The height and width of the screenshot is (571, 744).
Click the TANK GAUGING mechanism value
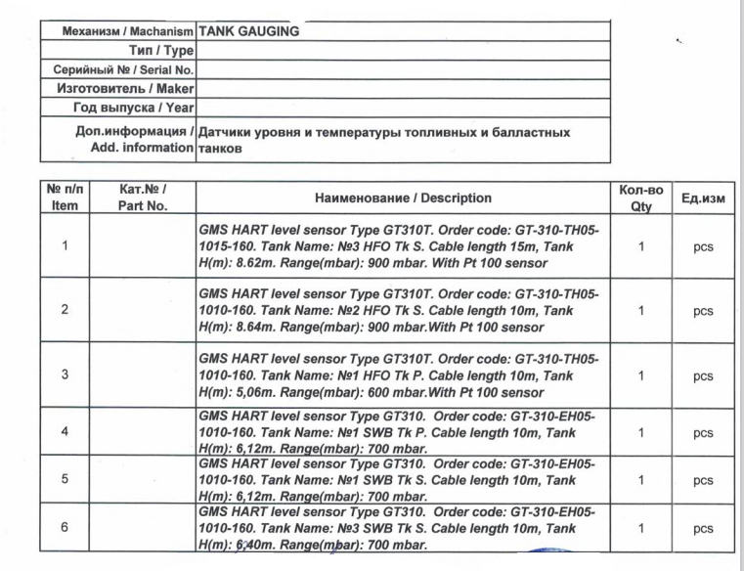pyautogui.click(x=249, y=30)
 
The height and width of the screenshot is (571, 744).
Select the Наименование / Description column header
pyautogui.click(x=403, y=198)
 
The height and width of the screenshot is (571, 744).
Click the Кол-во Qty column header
pyautogui.click(x=640, y=198)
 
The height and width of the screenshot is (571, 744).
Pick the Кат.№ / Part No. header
pyautogui.click(x=143, y=198)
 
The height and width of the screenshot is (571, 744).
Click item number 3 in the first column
pyautogui.click(x=65, y=374)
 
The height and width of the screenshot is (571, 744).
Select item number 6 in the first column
pyautogui.click(x=65, y=528)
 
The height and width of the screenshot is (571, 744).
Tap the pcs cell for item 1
pyautogui.click(x=702, y=247)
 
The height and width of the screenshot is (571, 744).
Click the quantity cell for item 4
pyautogui.click(x=640, y=431)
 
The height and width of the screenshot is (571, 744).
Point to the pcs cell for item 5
pyautogui.click(x=702, y=480)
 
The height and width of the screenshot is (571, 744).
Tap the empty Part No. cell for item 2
pyautogui.click(x=143, y=310)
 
